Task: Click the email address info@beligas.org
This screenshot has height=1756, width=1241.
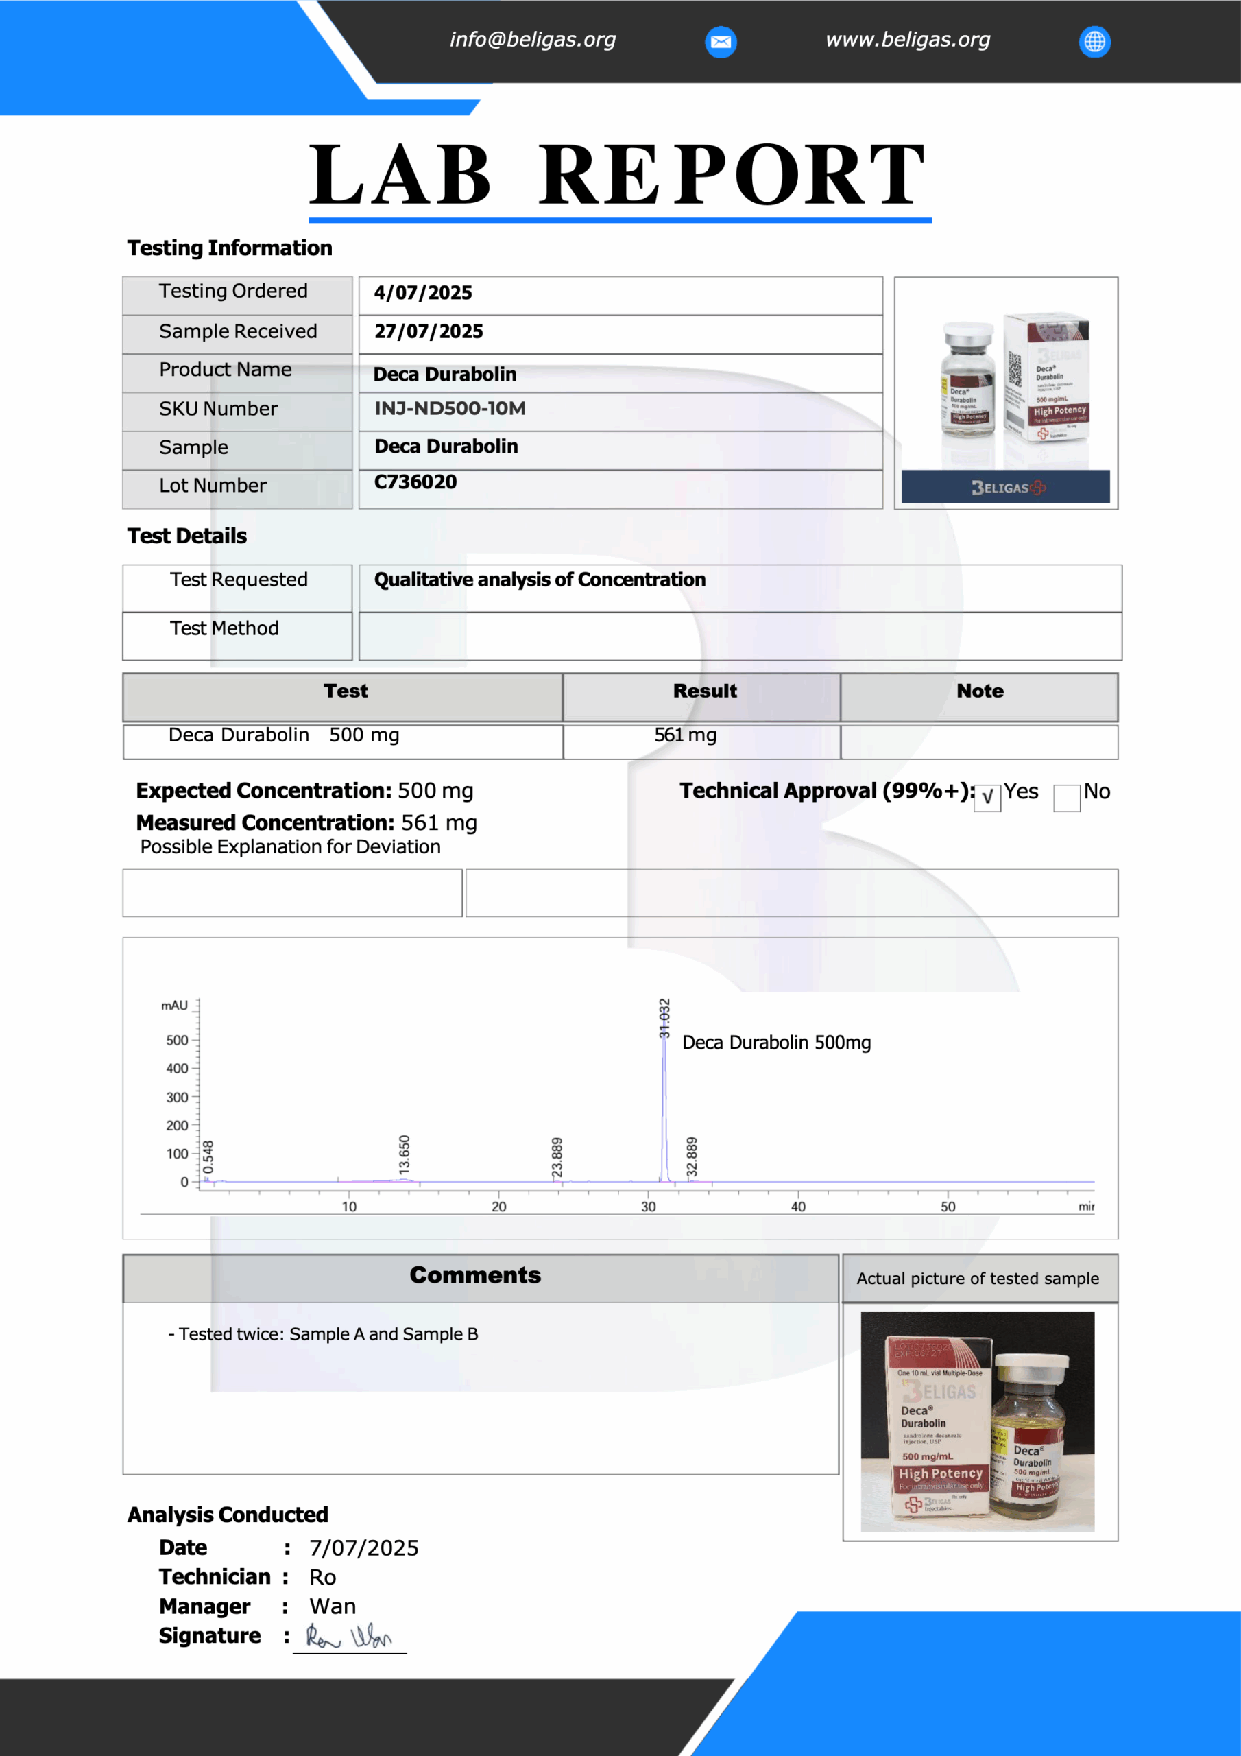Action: (x=532, y=40)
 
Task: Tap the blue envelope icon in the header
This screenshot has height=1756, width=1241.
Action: (x=721, y=41)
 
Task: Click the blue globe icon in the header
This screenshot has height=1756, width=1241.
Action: (x=1094, y=41)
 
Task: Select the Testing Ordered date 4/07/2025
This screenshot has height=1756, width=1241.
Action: (x=423, y=293)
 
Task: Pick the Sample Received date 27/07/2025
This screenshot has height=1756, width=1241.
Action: (x=429, y=332)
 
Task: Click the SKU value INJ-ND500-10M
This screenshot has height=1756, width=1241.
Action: (x=450, y=408)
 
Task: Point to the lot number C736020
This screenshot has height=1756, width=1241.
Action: (x=415, y=482)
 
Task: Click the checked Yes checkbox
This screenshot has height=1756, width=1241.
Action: (x=987, y=798)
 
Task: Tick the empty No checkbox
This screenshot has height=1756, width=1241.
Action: (x=1066, y=798)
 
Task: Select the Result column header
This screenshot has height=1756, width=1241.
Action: (x=704, y=691)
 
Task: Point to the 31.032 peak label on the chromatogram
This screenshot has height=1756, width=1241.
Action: (x=664, y=1018)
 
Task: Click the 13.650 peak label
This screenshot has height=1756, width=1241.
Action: (x=405, y=1155)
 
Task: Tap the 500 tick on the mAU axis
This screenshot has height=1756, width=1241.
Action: (x=177, y=1040)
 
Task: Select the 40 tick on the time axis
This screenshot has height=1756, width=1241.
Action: (x=797, y=1207)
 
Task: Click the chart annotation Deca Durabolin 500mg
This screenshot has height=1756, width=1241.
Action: (x=776, y=1043)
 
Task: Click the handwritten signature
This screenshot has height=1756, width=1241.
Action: (x=349, y=1637)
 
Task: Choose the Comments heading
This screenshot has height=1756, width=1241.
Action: (x=475, y=1275)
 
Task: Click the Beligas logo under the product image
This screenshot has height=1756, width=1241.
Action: (x=1006, y=487)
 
